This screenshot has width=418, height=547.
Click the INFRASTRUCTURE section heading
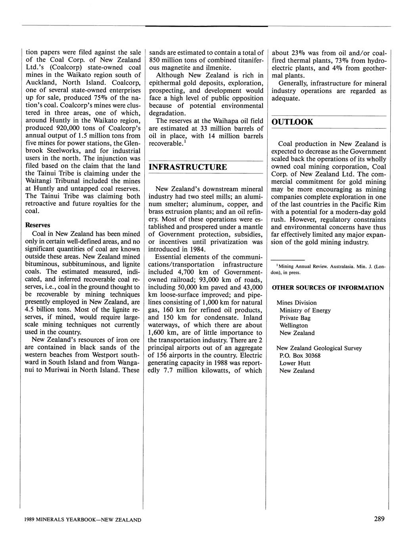[188, 167]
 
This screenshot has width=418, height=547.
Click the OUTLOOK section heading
[292, 122]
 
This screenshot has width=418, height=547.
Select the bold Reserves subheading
[38, 225]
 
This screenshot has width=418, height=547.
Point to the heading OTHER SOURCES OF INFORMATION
[328, 288]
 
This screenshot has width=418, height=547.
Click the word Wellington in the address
[293, 325]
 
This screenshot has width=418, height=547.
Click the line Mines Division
[296, 303]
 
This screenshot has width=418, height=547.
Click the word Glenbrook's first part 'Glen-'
[132, 143]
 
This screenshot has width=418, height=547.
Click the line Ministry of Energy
[305, 310]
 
